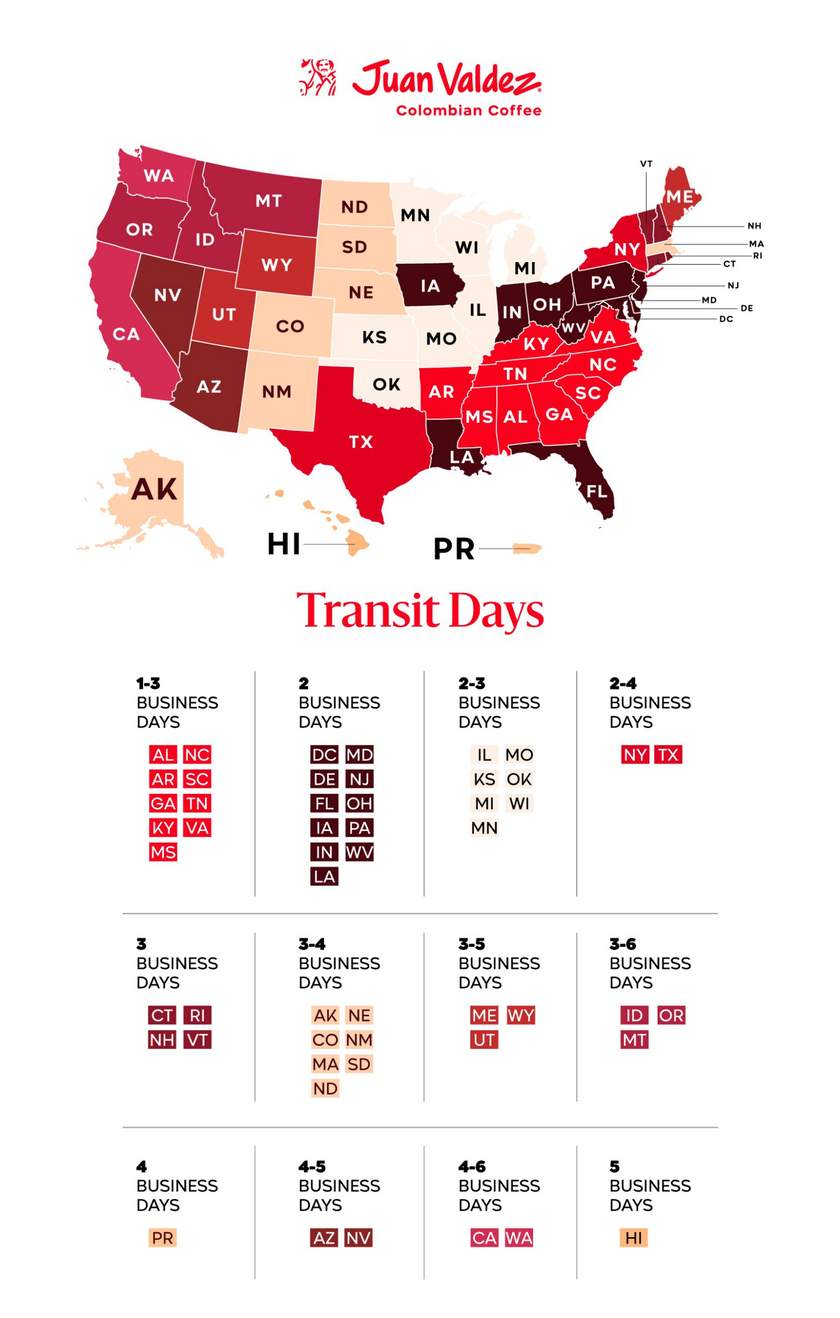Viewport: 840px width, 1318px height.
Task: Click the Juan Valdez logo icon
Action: click(x=318, y=78)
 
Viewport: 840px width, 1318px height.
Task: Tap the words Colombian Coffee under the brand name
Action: click(x=468, y=110)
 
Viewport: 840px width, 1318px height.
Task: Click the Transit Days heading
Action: click(x=420, y=611)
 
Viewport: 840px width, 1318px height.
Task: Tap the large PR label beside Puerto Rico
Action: click(x=453, y=549)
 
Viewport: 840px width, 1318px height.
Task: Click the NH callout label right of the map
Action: click(x=754, y=226)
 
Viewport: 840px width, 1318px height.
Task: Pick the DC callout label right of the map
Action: click(x=725, y=319)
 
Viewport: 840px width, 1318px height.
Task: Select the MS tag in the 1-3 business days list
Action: click(x=163, y=852)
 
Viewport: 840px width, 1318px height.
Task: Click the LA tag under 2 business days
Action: click(x=325, y=876)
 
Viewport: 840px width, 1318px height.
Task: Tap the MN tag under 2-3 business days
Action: click(x=484, y=828)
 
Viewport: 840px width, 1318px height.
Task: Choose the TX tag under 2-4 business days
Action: click(x=668, y=755)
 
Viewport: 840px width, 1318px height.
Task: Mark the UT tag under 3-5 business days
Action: click(x=484, y=1040)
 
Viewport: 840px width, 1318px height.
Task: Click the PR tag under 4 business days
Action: click(x=163, y=1238)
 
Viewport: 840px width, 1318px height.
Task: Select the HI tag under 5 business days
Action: click(x=634, y=1238)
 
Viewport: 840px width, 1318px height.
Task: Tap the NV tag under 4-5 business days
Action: click(x=359, y=1238)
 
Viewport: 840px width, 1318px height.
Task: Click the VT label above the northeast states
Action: click(x=646, y=163)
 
